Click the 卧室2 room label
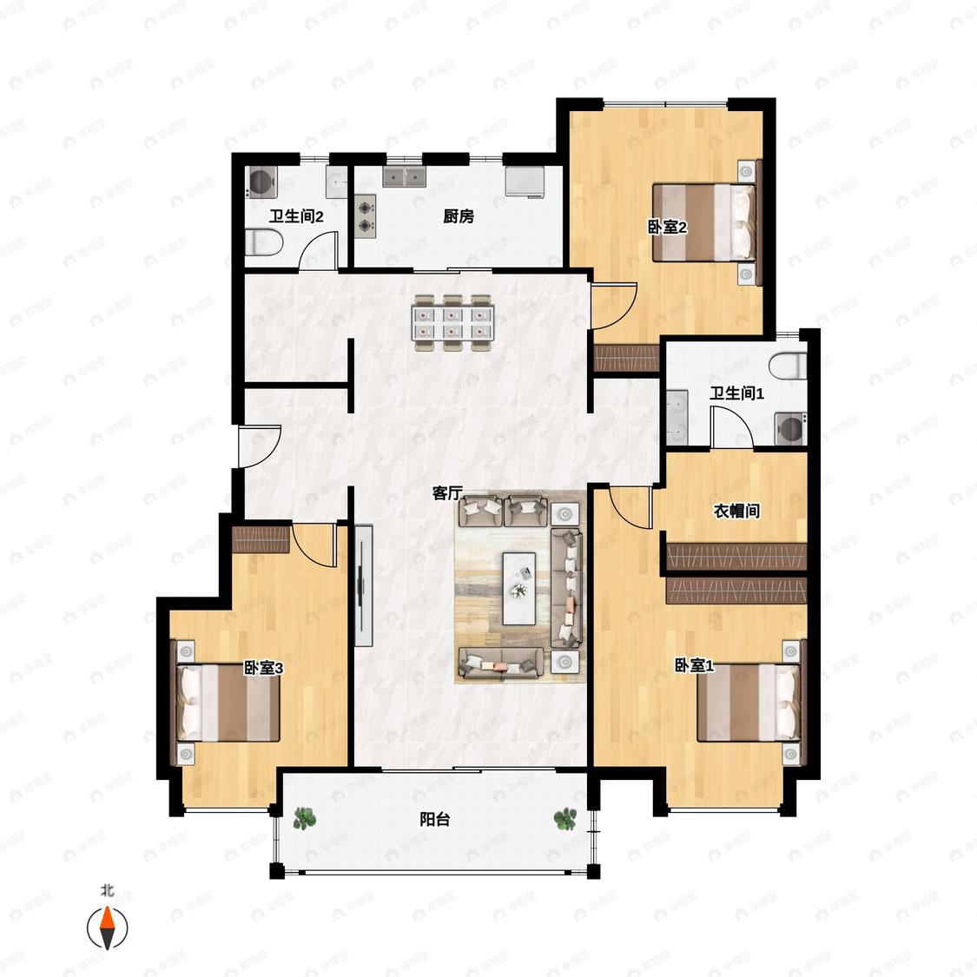(x=667, y=228)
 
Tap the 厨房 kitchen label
(x=459, y=216)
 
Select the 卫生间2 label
(x=296, y=217)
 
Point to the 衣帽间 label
(x=736, y=511)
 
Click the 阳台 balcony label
(x=435, y=819)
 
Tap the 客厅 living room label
(x=448, y=493)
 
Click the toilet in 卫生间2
(x=263, y=242)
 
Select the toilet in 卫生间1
(x=789, y=366)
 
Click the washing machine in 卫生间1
(x=790, y=429)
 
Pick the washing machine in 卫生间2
(x=261, y=182)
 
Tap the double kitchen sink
(x=404, y=176)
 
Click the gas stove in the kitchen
(x=366, y=216)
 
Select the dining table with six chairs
(x=453, y=323)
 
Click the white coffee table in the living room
(x=519, y=588)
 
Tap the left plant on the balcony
(x=304, y=818)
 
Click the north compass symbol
(x=107, y=927)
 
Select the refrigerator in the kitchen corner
(x=525, y=182)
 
